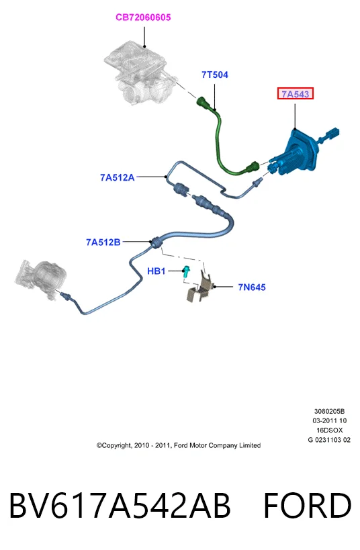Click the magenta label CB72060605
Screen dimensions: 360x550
(x=143, y=17)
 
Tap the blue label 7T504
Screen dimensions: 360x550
(x=215, y=75)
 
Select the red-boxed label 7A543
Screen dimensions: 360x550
(x=296, y=93)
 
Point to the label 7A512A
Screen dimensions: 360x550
(x=117, y=177)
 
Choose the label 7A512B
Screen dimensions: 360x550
(x=103, y=242)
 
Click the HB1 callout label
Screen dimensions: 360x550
(x=156, y=271)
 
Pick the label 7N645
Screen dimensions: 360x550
(x=252, y=287)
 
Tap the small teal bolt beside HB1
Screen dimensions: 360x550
(x=186, y=272)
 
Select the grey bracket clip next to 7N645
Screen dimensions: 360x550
(x=200, y=288)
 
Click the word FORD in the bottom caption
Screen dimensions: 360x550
(x=308, y=505)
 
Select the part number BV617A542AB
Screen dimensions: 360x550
(x=120, y=505)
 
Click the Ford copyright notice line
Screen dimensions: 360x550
(x=179, y=445)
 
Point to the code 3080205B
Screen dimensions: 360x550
(x=329, y=411)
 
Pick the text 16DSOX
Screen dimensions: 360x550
(x=330, y=430)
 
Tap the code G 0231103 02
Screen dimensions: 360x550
(x=329, y=440)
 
